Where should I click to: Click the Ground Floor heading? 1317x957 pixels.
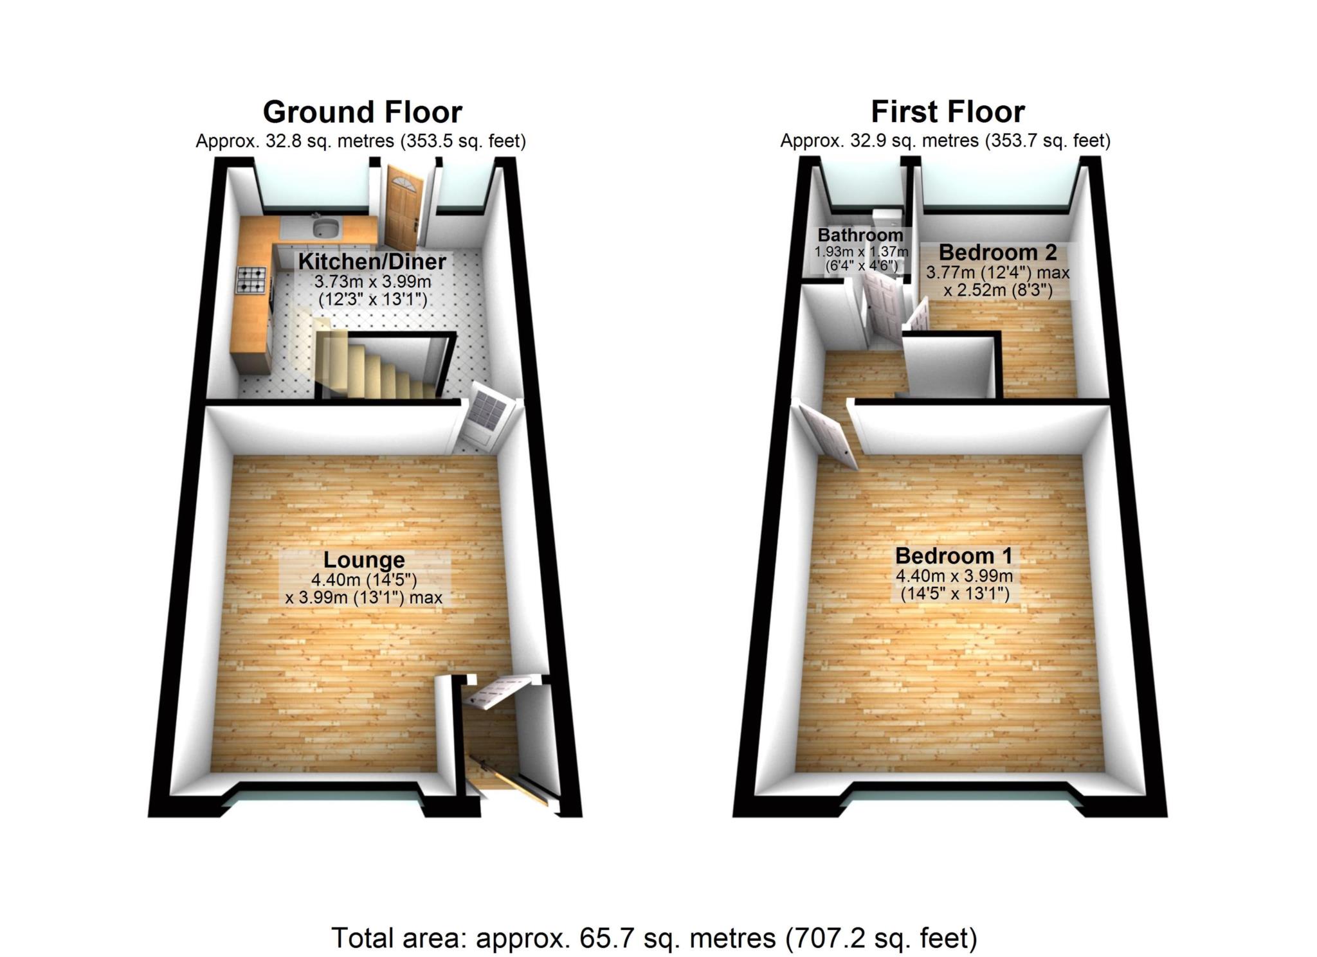click(x=362, y=112)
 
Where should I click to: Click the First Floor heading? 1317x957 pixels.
click(x=947, y=112)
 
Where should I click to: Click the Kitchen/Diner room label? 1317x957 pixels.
click(x=372, y=262)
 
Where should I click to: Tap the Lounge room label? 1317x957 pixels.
click(x=364, y=560)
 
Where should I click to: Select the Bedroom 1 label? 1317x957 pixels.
click(x=954, y=555)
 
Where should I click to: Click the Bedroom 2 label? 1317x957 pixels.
click(x=997, y=252)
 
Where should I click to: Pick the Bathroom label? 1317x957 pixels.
click(x=860, y=235)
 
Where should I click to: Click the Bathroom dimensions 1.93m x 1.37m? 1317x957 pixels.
click(x=861, y=251)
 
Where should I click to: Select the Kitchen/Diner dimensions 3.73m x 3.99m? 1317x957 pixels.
click(x=372, y=282)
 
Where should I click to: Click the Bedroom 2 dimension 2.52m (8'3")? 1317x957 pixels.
click(x=997, y=291)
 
